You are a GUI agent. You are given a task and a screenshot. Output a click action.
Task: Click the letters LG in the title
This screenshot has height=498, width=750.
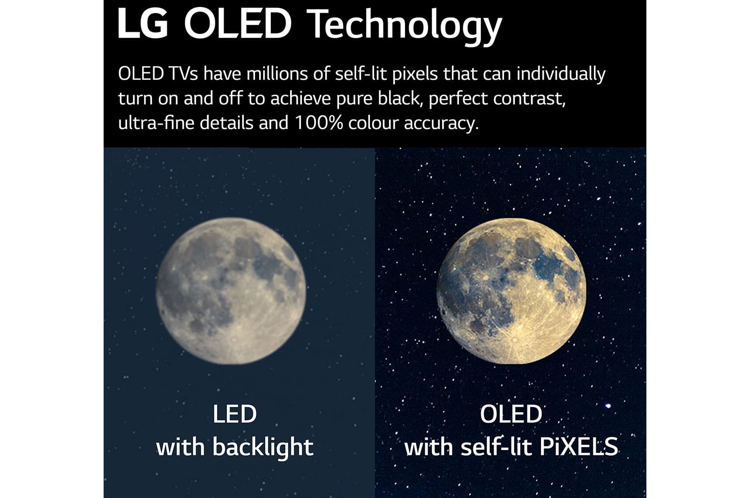click(x=142, y=24)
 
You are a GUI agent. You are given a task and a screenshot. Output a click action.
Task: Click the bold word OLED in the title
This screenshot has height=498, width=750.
click(x=238, y=24)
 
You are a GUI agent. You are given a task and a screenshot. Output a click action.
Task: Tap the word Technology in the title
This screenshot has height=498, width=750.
click(x=404, y=27)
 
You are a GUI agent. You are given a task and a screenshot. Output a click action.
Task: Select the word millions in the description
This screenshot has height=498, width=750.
click(x=277, y=74)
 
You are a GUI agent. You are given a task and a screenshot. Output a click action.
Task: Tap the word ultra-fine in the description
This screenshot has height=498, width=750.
click(x=157, y=123)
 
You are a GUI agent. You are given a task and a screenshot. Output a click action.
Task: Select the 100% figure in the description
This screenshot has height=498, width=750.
click(x=319, y=123)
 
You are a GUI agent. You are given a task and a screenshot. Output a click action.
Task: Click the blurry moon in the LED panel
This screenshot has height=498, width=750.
click(x=231, y=291)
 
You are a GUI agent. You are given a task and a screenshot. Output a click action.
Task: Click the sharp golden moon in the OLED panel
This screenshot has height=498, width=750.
click(x=511, y=291)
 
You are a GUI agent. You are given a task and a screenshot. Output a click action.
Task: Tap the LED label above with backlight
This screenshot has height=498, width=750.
click(x=235, y=414)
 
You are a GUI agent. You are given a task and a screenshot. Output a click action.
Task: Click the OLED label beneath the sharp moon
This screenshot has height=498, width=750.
click(x=511, y=414)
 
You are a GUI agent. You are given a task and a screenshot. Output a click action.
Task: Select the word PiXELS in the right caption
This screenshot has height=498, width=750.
click(x=578, y=447)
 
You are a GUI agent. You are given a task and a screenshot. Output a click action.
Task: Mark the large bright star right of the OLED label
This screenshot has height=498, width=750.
click(x=608, y=406)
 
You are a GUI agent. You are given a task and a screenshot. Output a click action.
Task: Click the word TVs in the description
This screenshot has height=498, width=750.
click(x=183, y=74)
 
